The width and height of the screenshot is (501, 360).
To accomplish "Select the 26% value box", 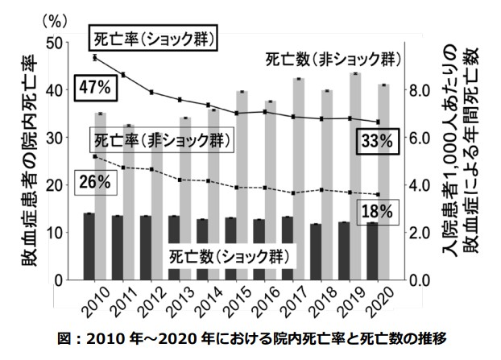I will pos(93,182).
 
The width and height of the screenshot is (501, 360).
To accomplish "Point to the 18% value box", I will pos(377,212).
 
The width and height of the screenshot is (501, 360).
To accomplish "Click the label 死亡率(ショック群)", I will pos(154,38).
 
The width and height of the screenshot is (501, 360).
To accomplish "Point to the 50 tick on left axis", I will pos(57,43).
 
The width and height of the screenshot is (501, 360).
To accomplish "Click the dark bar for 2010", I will pos(89,246).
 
